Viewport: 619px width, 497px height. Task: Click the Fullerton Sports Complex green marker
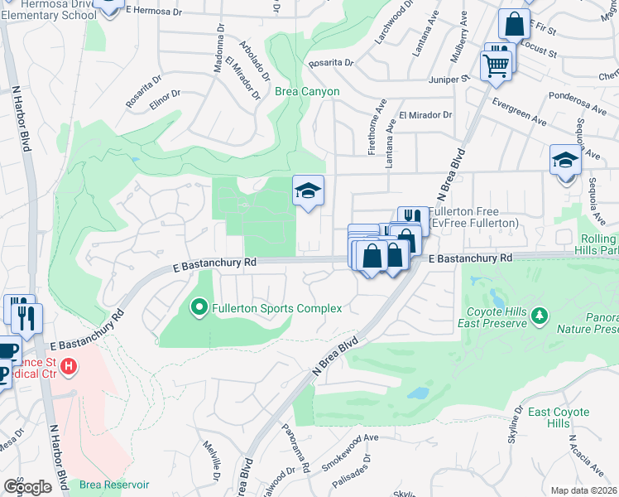pos(199,308)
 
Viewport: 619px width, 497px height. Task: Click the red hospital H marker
pos(70,364)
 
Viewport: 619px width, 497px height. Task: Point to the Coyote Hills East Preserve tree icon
pos(540,315)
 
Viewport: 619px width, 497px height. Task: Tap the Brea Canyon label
pos(307,91)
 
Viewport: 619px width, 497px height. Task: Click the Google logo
pos(26,487)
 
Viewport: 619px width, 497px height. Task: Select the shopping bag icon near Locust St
pos(514,25)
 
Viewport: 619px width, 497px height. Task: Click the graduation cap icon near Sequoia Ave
pos(564,160)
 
